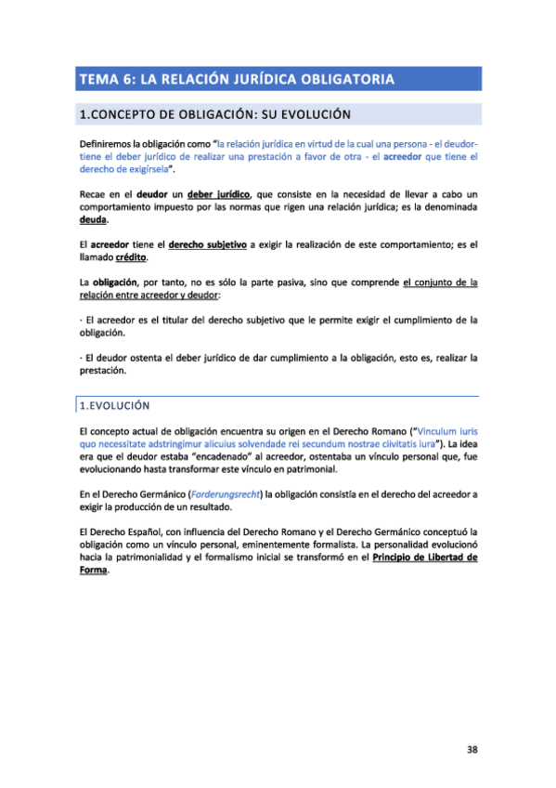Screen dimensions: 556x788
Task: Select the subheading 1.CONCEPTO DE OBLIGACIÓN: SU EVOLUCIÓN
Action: (x=214, y=115)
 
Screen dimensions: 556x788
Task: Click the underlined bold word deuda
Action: (x=94, y=221)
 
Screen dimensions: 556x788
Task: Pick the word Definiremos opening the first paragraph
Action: (x=110, y=144)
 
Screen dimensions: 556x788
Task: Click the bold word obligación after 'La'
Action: (x=119, y=281)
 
